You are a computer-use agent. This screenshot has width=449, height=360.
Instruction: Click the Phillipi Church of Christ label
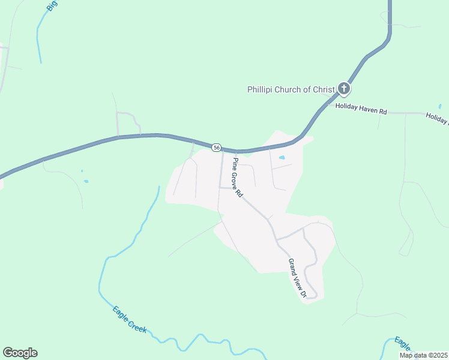[x=291, y=89]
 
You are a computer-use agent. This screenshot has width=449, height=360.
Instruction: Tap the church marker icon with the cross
[x=344, y=89]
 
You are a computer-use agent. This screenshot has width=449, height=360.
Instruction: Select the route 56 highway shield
[x=217, y=147]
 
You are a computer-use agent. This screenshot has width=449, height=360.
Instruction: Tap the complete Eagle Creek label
[x=130, y=318]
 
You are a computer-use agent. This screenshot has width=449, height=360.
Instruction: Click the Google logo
[x=20, y=353]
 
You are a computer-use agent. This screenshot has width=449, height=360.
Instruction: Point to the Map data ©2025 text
[x=423, y=355]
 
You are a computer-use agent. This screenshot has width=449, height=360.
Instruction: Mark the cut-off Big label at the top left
[x=53, y=5]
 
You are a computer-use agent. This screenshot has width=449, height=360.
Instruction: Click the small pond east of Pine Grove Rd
[x=282, y=158]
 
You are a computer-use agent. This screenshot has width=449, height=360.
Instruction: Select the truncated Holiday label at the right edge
[x=437, y=118]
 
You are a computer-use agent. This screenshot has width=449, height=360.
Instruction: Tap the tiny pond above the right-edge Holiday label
[x=440, y=106]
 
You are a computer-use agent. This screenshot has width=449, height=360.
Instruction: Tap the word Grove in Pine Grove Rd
[x=237, y=178]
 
